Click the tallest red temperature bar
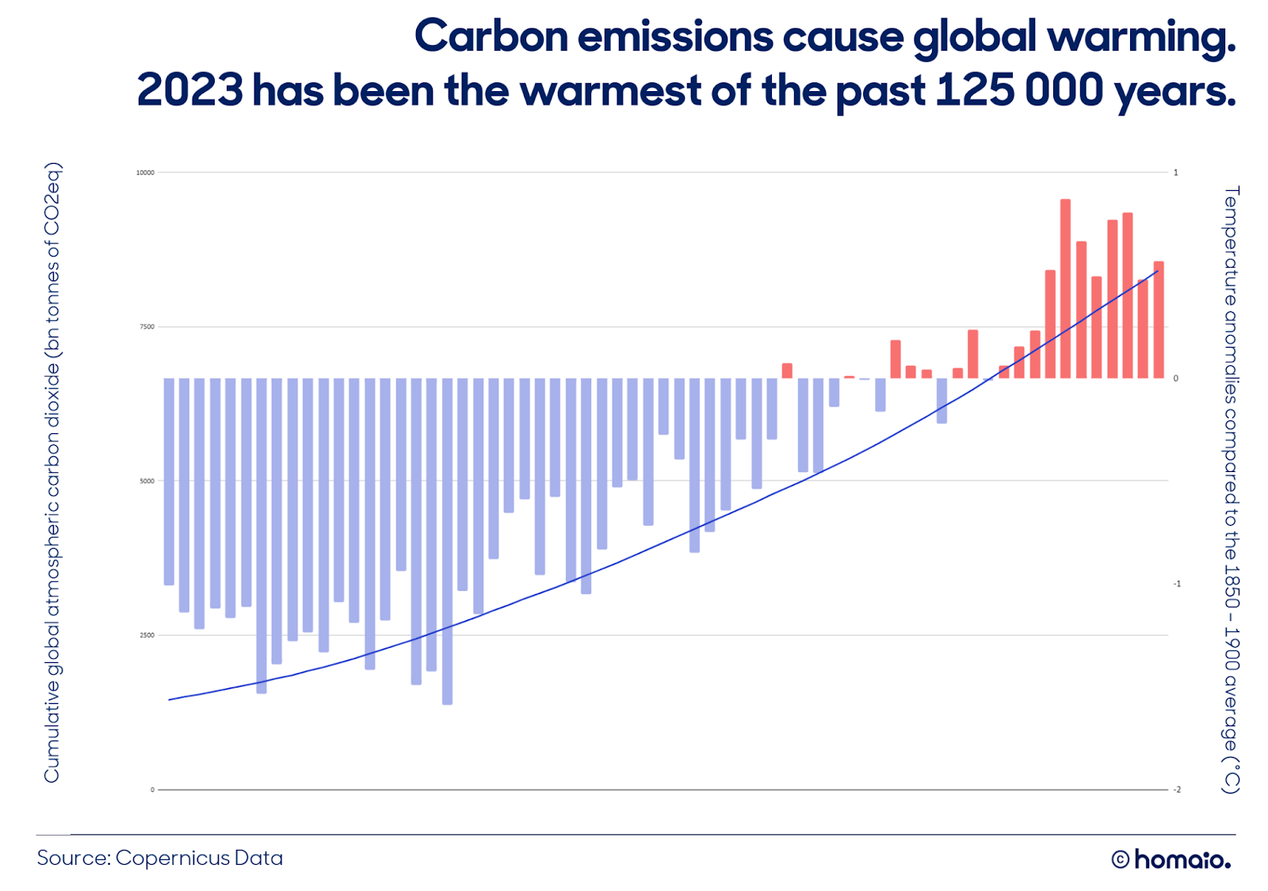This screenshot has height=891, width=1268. [x=1065, y=288]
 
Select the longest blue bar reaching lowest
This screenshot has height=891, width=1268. [x=447, y=542]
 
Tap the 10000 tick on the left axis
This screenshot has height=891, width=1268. [x=145, y=173]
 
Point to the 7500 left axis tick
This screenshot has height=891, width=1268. [x=147, y=327]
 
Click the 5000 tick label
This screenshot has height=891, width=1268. [x=147, y=482]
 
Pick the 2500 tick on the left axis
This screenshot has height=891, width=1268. [x=147, y=635]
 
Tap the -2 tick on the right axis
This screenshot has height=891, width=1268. [x=1177, y=790]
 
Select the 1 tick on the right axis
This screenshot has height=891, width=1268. [x=1176, y=173]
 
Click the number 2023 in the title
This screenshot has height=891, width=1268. [x=190, y=90]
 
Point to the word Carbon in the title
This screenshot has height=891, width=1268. [x=491, y=36]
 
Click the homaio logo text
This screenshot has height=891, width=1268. [x=1182, y=860]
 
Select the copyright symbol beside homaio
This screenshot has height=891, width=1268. [x=1121, y=860]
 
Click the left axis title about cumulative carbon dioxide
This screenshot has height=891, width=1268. [x=52, y=473]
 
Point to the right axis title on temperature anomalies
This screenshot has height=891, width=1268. [x=1232, y=490]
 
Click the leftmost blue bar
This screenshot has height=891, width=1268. [x=169, y=482]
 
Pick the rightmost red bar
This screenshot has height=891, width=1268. [x=1159, y=320]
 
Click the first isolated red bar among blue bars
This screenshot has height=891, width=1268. [x=787, y=371]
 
